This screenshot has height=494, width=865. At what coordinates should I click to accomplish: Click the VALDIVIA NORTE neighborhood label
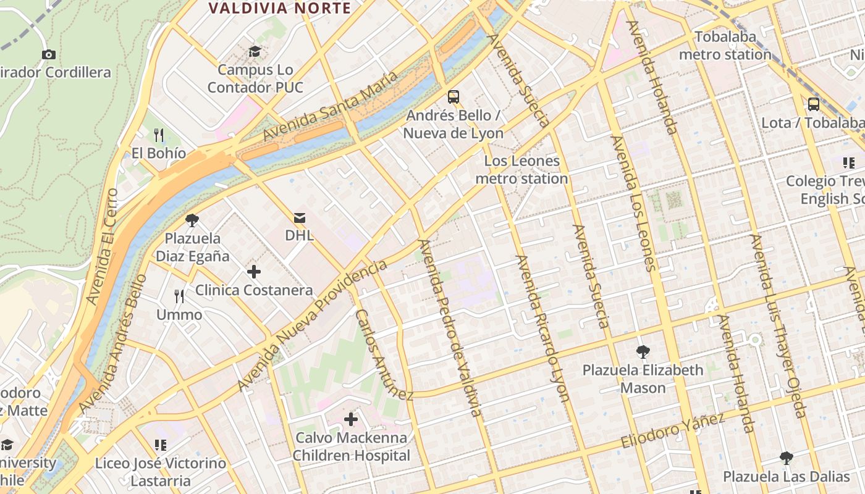point(279,8)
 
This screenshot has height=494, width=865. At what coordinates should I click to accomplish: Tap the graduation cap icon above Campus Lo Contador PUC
point(255,51)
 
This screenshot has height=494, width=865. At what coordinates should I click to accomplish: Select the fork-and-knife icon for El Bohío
point(159,135)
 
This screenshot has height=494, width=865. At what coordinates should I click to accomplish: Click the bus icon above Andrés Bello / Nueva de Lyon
point(454,96)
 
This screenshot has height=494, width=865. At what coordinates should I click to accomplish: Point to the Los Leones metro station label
point(521,170)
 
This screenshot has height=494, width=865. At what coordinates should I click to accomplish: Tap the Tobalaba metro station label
point(725,46)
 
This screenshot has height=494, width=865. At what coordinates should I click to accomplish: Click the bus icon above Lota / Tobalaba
point(814,104)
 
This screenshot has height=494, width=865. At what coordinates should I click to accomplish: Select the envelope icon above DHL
point(300,217)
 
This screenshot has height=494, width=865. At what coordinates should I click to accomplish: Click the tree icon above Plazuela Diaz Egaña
point(192,220)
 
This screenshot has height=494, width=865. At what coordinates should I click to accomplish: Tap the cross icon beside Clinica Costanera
point(253,271)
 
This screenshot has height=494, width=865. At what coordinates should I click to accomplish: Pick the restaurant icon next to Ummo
point(179,296)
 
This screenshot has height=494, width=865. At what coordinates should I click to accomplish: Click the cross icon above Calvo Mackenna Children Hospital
point(351,419)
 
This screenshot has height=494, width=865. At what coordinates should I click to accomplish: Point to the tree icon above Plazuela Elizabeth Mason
point(643,352)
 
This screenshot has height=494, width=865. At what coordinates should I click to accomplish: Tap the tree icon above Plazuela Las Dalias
point(786,458)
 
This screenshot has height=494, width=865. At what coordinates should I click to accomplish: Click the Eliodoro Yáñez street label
point(672,431)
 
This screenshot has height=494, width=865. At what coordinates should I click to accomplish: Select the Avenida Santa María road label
point(330,106)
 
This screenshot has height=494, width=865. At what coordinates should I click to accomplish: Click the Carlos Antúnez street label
point(383,354)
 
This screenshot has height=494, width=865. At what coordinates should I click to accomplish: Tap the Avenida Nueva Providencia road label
point(313,325)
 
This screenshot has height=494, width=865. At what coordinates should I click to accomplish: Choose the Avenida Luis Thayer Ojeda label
point(778,325)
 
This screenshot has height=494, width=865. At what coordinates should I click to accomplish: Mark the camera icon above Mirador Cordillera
point(49,54)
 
